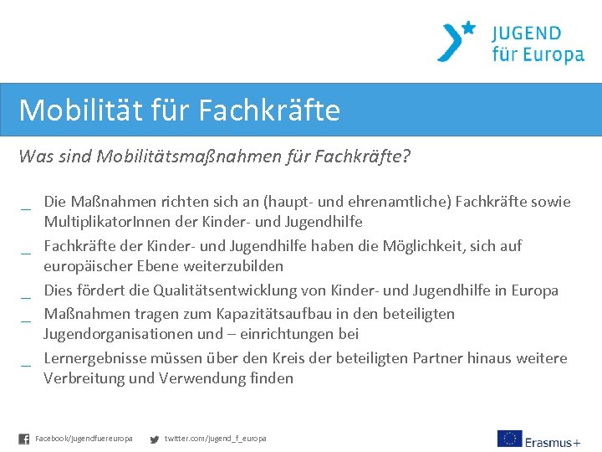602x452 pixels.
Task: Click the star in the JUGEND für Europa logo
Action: [x=468, y=28]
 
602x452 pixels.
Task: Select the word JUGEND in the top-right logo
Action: [x=526, y=33]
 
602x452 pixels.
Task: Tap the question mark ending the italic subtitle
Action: [x=406, y=157]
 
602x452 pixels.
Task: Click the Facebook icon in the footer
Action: [x=24, y=439]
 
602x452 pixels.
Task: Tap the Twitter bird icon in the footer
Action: [x=154, y=439]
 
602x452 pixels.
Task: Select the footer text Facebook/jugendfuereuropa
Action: [x=84, y=439]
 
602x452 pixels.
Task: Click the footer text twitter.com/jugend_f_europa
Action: [x=216, y=439]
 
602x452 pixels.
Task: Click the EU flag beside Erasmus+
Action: [x=509, y=439]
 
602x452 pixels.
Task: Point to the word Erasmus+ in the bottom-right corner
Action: [x=553, y=441]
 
